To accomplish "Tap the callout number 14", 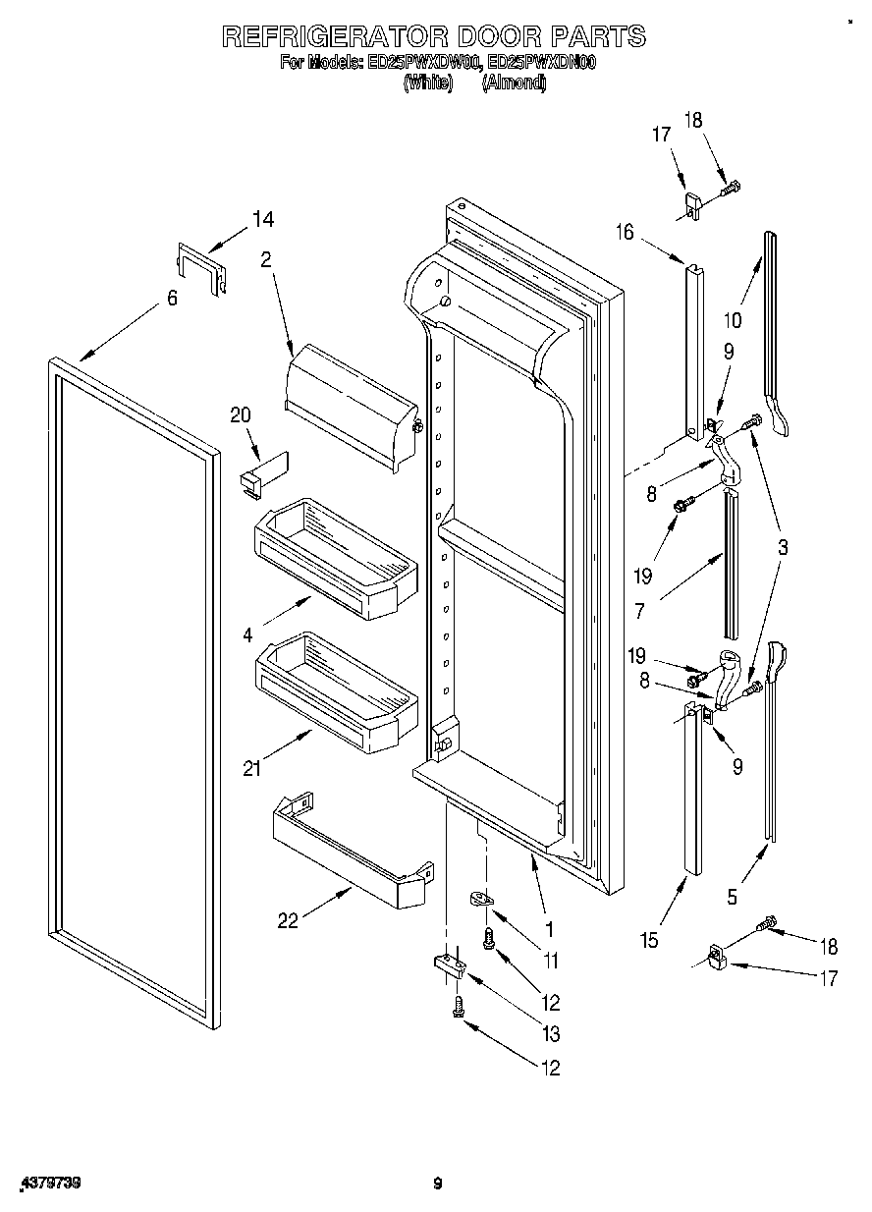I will [x=263, y=220].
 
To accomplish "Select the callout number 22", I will [x=288, y=920].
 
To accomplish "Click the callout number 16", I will [x=625, y=232].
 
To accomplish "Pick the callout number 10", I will [x=732, y=319].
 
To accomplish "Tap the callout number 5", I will [x=732, y=895].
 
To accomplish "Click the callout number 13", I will [x=550, y=1033].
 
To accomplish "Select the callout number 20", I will [x=241, y=414].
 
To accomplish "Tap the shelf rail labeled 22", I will [x=349, y=851].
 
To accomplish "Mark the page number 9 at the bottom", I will [x=438, y=1184].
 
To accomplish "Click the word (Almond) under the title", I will [x=513, y=83].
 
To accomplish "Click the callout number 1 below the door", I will [x=549, y=927].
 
